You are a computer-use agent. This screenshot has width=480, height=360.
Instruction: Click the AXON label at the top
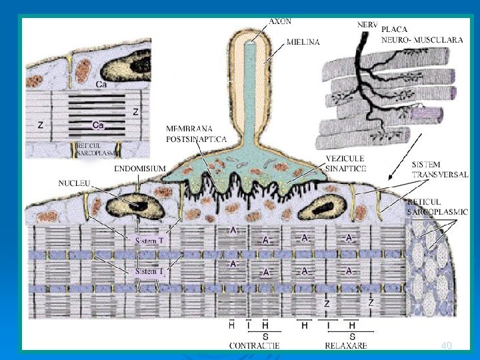[280, 21]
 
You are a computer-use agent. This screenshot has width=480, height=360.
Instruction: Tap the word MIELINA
[303, 41]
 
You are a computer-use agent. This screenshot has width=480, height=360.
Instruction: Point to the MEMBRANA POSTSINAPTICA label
[196, 133]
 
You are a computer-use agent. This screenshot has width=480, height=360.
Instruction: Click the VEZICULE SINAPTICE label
[346, 164]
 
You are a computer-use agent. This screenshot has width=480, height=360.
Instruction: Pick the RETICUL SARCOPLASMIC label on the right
[437, 207]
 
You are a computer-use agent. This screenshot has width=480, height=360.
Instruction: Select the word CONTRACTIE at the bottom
[254, 345]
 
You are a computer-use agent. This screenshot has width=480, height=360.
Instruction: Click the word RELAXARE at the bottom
[347, 345]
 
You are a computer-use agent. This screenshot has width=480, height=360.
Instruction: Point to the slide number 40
[447, 345]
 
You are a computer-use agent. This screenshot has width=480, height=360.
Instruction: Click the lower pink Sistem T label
[149, 271]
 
